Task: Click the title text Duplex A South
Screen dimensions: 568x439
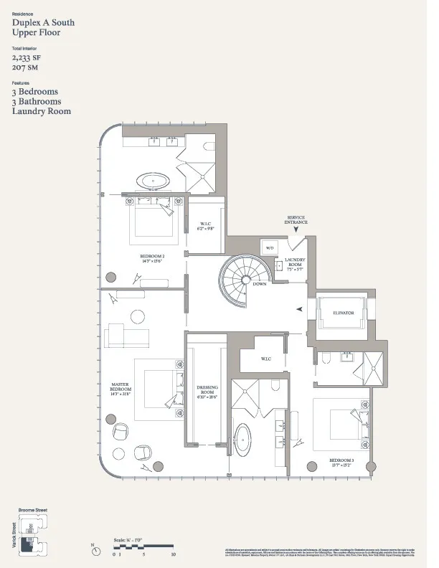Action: pos(43,23)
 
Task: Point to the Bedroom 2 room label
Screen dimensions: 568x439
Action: pos(152,257)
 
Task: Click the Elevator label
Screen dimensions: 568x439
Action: pos(343,313)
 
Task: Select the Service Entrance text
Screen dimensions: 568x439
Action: pos(296,221)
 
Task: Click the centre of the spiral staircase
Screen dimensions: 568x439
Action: pos(241,282)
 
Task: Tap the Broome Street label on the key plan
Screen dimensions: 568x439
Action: pos(32,510)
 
